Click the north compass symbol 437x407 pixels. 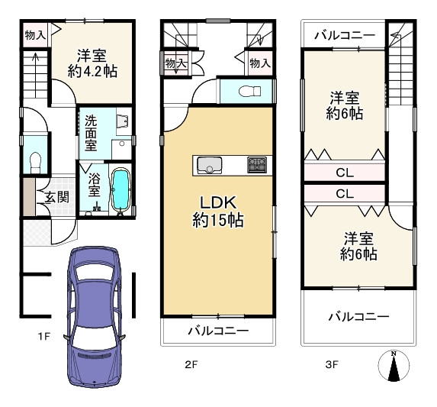click(x=394, y=367)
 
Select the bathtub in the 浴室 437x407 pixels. click(x=120, y=189)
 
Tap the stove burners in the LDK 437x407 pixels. click(x=256, y=164)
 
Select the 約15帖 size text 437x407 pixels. click(x=217, y=221)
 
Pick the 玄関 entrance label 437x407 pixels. click(x=56, y=198)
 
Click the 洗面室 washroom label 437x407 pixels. click(x=91, y=131)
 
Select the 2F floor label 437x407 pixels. click(x=191, y=365)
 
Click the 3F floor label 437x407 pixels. click(x=332, y=365)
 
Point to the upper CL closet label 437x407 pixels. click(x=345, y=172)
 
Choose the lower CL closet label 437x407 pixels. click(x=345, y=194)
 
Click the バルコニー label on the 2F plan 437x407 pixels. click(x=217, y=331)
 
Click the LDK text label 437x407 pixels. click(x=217, y=202)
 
